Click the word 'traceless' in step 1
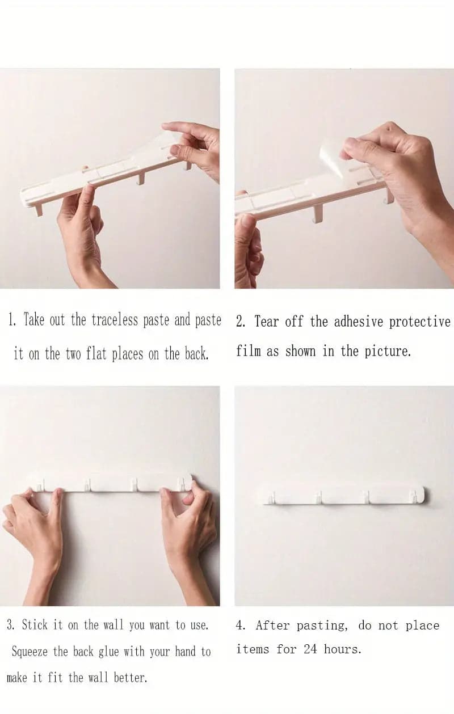click(x=115, y=320)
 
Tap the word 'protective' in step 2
click(x=420, y=322)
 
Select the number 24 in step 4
click(x=310, y=649)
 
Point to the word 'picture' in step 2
click(x=386, y=352)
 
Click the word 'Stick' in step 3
click(x=35, y=625)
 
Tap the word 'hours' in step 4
click(x=342, y=649)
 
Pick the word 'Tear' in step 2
click(x=267, y=322)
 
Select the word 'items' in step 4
click(x=253, y=649)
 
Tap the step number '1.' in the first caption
click(x=12, y=320)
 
